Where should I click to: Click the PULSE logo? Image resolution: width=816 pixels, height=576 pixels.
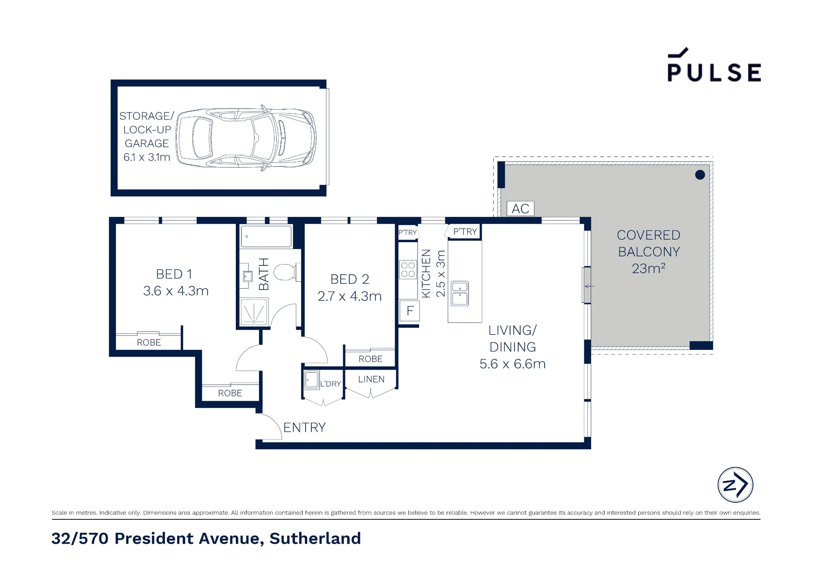pos(714,65)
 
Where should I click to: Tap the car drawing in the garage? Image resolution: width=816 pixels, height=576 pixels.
pos(246,137)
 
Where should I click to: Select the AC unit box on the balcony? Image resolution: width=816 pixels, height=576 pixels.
pos(520,209)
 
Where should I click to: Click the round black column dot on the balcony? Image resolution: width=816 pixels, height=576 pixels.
pos(700,175)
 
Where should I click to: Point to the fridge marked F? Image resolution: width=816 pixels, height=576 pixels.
pos(410,311)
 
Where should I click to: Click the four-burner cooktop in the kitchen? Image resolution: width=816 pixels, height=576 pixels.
pos(408,269)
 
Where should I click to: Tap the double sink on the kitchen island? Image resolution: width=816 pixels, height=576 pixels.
pos(460,294)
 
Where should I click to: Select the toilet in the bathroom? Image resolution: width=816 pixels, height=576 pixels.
pos(286,272)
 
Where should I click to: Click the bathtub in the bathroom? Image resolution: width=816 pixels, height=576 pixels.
pos(266,236)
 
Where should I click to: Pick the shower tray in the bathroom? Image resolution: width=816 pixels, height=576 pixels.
pos(254,312)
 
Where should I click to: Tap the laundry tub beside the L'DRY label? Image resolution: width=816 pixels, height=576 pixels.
pos(312,380)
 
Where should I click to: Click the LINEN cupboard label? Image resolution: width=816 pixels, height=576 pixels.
pos(371,379)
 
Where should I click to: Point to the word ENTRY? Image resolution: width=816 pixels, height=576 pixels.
pos(304,427)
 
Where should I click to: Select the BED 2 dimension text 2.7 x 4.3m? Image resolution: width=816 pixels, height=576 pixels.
pos(350,296)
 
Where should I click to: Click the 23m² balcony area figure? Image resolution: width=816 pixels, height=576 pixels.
pos(649,268)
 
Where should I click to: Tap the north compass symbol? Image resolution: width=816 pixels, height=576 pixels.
pos(735,485)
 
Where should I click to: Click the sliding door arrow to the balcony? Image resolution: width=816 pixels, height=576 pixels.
pos(589,286)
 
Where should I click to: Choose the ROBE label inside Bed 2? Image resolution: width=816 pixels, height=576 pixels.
pos(370,359)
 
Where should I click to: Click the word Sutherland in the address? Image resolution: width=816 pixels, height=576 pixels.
pos(315,538)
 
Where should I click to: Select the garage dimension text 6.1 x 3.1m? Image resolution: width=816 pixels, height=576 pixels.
pos(147,157)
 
